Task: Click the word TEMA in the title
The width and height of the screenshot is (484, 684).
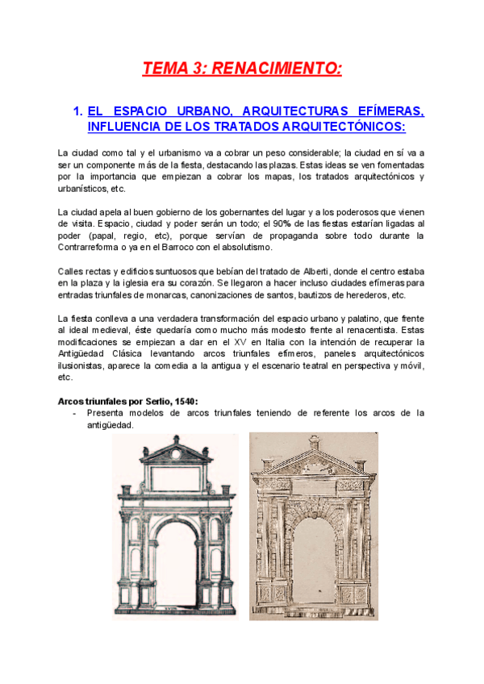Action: tap(164, 69)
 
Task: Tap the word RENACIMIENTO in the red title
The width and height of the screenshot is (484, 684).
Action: tap(277, 69)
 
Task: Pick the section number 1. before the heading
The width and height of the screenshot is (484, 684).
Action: tap(78, 111)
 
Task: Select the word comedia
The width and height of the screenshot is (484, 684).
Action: tap(219, 365)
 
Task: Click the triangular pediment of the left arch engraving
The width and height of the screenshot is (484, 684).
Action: tap(173, 448)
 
